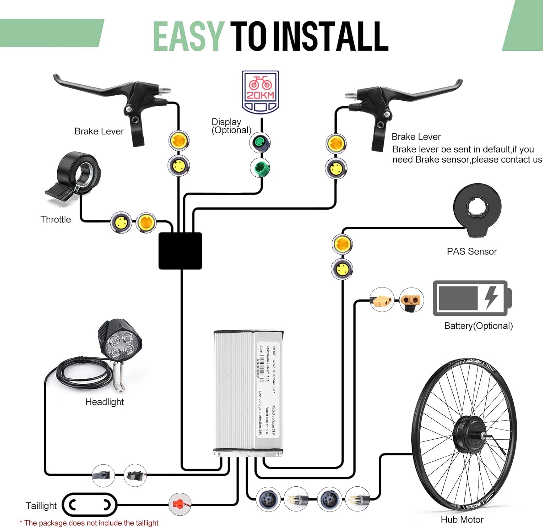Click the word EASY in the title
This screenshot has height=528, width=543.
tap(188, 36)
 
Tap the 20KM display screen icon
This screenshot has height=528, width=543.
tap(260, 92)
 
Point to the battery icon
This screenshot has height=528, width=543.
tap(472, 298)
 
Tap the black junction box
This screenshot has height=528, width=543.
tap(180, 251)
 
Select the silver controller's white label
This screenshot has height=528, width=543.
tap(268, 389)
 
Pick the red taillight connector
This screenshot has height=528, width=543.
tap(180, 504)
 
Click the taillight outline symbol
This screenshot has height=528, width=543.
tap(89, 504)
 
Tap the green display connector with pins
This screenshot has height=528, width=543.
tap(260, 142)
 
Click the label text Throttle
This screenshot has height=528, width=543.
tap(55, 219)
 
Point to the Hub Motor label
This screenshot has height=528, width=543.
tap(462, 520)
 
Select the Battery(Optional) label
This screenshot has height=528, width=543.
tap(478, 326)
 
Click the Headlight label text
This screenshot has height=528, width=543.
tap(104, 402)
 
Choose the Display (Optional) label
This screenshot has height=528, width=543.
tap(231, 126)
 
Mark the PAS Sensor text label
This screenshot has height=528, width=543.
tap(472, 251)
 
